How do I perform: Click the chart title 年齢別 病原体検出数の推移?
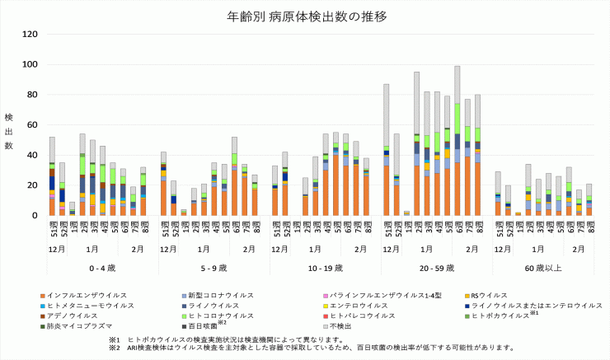pos(306,16)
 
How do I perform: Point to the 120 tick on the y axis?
pos(29,34)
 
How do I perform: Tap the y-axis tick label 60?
pos(31,125)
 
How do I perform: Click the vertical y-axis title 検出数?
pos(9,132)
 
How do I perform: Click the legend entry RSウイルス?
pos(495,295)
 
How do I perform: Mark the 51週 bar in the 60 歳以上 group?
pos(497,194)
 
